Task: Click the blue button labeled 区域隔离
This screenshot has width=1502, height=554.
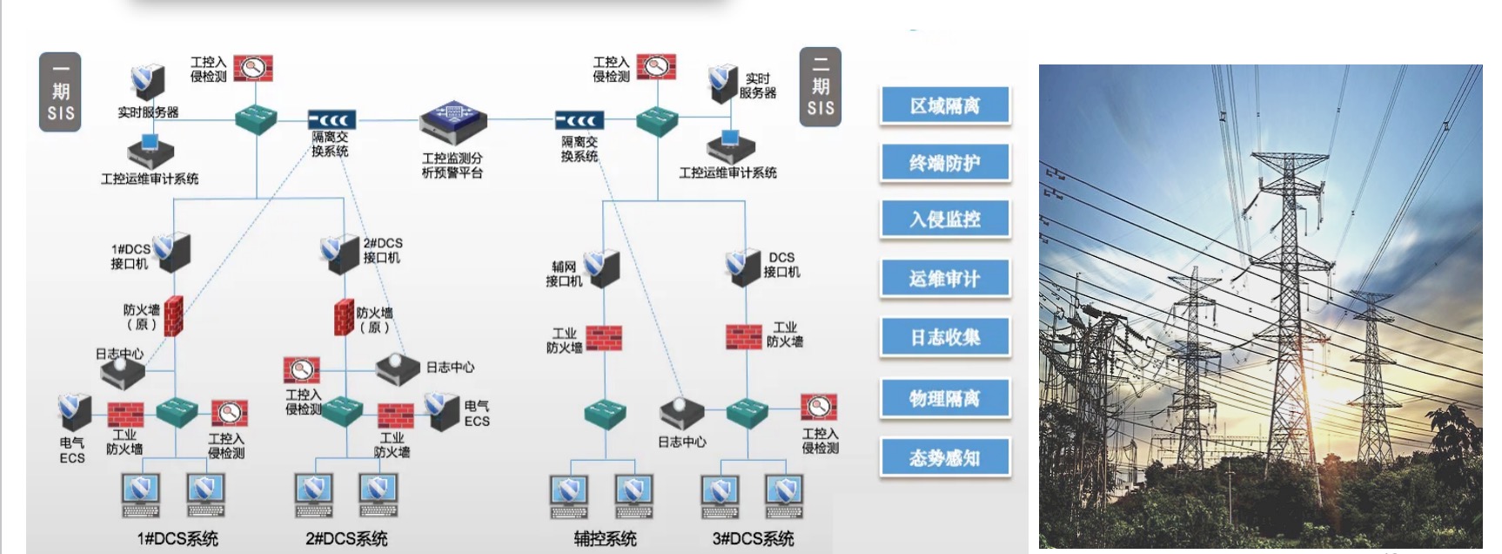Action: click(945, 105)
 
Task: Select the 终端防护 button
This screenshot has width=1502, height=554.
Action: click(945, 163)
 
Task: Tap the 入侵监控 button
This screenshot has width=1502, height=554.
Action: click(945, 219)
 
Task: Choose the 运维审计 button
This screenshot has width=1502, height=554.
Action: click(945, 279)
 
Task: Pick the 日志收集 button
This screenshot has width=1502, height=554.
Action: click(945, 337)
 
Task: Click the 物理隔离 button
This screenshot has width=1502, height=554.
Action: click(945, 398)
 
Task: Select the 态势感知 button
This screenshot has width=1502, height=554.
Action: click(945, 457)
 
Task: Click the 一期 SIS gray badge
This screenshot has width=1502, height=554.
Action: click(60, 91)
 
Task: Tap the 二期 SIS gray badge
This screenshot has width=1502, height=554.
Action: click(820, 87)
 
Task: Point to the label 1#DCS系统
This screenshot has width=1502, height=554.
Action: click(178, 538)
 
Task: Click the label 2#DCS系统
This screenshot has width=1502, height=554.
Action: click(346, 538)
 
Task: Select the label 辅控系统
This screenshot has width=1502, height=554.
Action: click(605, 538)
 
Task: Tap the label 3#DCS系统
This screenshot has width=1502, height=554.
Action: click(753, 538)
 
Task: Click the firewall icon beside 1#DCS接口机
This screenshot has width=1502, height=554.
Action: click(174, 315)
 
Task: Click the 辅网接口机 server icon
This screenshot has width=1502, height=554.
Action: click(601, 267)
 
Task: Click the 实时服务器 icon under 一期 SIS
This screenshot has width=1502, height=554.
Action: click(147, 82)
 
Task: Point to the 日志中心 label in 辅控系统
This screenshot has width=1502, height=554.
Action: click(681, 442)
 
